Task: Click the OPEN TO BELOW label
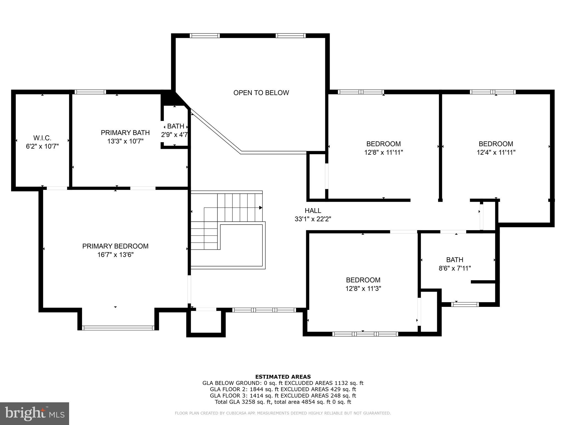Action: coord(261,93)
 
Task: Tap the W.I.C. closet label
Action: coord(42,138)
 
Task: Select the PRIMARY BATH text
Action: coord(125,133)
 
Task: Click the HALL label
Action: coord(313,211)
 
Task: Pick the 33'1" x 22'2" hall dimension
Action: coord(313,219)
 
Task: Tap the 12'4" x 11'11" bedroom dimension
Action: coord(496,152)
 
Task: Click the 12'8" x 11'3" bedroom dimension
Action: coord(363,289)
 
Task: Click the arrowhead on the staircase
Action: coord(260,208)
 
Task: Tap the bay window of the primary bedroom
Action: coord(118,328)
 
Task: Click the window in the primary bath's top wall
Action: coord(90,92)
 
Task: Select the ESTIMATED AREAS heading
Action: coord(283,377)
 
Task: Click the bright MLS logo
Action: coord(34,413)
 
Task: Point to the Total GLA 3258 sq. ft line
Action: coord(283,402)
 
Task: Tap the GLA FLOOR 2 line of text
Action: coord(283,389)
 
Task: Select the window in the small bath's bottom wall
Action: coord(465,304)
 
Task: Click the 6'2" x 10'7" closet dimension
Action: coord(42,146)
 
